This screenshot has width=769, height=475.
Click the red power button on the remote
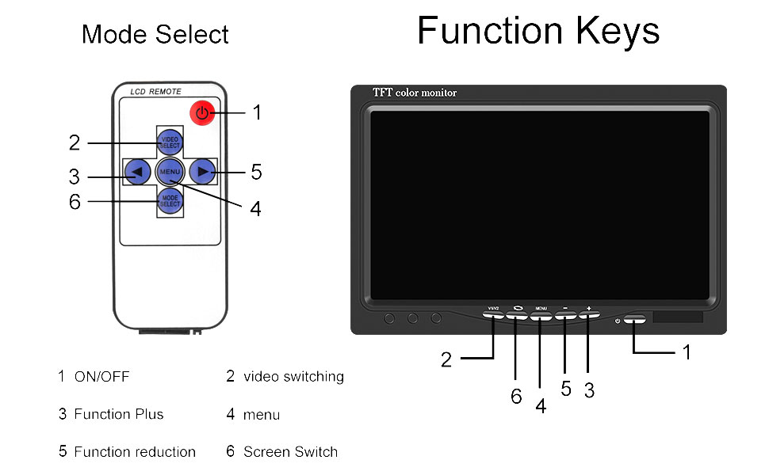pos(202,113)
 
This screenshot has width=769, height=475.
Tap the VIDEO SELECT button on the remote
pos(170,142)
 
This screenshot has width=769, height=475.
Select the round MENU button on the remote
pos(170,171)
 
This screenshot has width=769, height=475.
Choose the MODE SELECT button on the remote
pos(170,201)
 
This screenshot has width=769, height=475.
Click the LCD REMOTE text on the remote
pos(155,93)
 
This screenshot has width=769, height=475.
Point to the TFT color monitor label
pos(415,93)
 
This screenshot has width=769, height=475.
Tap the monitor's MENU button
pos(541,315)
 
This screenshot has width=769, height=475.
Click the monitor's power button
pos(635,320)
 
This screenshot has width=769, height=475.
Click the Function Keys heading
pos(538,32)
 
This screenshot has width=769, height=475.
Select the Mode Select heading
pos(155,35)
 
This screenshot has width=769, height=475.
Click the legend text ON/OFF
pos(101,377)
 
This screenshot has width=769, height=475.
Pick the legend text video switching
pos(293,377)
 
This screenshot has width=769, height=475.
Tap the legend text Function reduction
pos(135,452)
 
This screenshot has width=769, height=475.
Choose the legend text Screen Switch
pos(290,452)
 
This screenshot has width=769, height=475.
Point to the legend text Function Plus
pos(119,414)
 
